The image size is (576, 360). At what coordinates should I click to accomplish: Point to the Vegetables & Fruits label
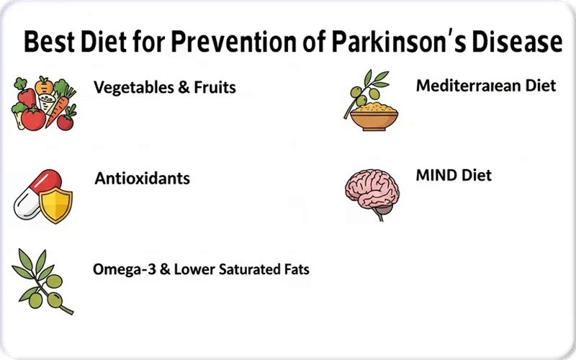165,89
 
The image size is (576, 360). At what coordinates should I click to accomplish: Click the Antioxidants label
142,178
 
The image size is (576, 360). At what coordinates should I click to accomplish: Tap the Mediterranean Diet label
486,86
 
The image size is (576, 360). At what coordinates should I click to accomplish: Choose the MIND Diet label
454,175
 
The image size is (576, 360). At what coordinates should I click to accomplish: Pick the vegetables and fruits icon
43,104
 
